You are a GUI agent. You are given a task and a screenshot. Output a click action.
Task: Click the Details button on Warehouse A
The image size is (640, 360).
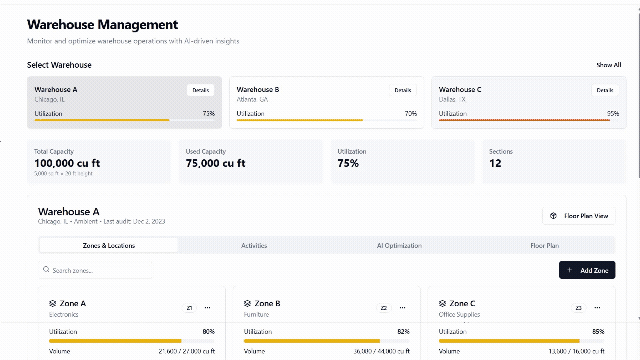200,90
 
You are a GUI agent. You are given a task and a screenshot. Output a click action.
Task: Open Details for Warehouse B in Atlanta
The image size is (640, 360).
403,90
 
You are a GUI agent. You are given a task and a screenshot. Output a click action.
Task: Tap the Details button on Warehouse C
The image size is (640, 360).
605,90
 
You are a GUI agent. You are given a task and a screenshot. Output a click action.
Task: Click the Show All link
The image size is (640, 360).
609,65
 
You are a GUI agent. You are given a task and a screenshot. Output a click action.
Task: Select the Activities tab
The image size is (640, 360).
254,246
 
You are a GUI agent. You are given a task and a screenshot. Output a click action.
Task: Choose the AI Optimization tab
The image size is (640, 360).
399,246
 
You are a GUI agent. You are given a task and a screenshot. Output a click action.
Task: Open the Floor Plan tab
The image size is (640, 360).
544,246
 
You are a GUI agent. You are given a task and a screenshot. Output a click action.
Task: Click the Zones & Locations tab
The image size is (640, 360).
109,246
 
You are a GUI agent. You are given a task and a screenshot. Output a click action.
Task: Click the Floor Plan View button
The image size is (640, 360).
579,216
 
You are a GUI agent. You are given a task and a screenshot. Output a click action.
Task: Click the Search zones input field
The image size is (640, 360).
95,270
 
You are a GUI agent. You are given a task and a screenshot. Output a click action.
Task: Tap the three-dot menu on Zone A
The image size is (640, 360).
207,308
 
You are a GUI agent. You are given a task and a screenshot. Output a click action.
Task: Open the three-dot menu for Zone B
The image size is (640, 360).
402,308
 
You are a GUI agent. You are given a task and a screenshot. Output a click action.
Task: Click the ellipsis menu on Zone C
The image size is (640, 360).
597,308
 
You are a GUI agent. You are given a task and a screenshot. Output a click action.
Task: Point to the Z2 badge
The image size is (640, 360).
384,308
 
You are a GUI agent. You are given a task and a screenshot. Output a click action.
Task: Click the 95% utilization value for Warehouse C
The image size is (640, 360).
613,114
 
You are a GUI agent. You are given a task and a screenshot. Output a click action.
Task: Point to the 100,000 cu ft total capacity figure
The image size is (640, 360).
67,163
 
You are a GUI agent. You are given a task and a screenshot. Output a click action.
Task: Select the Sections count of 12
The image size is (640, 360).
495,163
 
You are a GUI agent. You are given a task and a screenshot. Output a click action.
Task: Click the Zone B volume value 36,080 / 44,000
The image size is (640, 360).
381,351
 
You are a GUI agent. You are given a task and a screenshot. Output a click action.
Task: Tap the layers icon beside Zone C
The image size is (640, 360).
442,303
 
